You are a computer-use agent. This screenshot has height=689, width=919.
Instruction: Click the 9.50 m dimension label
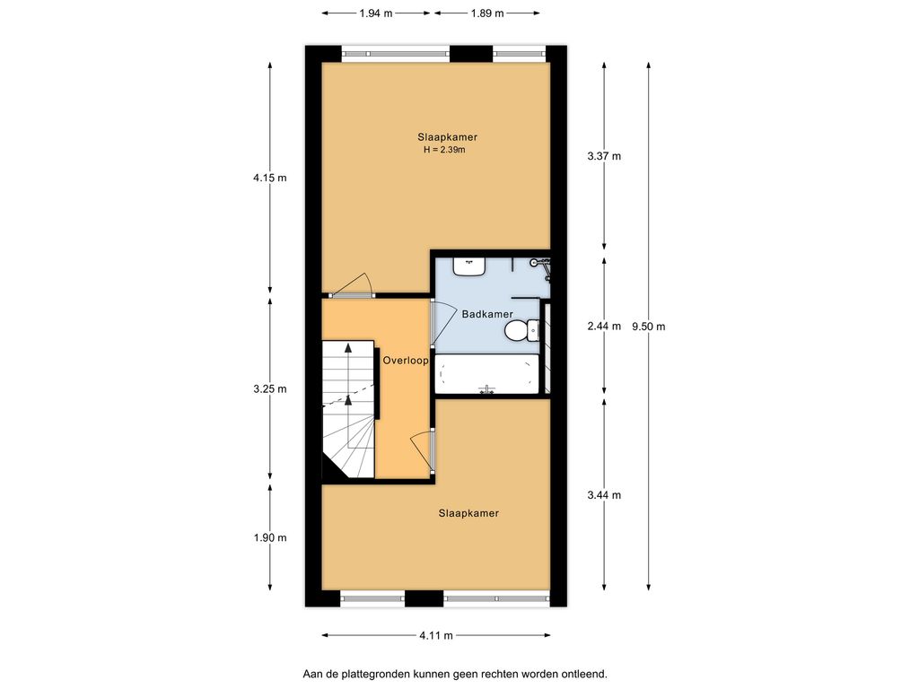point(648,327)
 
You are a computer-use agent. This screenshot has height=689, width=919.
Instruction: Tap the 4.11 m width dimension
point(436,635)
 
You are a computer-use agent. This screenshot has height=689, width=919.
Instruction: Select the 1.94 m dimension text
point(376,13)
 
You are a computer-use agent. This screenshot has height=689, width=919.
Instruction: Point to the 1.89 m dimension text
point(487,13)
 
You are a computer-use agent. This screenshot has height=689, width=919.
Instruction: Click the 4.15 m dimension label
point(270,178)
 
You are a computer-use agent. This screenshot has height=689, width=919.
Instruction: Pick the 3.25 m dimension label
point(270,389)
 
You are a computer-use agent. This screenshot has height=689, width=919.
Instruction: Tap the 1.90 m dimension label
point(270,538)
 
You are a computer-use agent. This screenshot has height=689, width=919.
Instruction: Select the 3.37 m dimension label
point(604,156)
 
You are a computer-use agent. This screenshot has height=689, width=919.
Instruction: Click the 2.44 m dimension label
point(604,327)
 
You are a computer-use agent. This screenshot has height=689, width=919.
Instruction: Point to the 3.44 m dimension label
point(604,495)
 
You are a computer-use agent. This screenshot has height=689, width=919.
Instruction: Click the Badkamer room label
point(487,314)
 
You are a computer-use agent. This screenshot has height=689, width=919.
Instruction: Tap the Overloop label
point(406,361)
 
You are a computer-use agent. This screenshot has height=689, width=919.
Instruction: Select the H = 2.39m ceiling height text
point(445,150)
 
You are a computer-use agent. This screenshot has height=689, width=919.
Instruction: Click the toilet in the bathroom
point(522,330)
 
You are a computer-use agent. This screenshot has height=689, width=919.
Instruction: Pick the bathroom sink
point(468,266)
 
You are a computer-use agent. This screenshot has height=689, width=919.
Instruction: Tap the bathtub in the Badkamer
point(487,374)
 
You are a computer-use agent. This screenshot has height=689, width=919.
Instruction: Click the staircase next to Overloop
point(348,409)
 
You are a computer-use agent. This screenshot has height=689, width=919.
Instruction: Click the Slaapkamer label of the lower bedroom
point(468,513)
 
